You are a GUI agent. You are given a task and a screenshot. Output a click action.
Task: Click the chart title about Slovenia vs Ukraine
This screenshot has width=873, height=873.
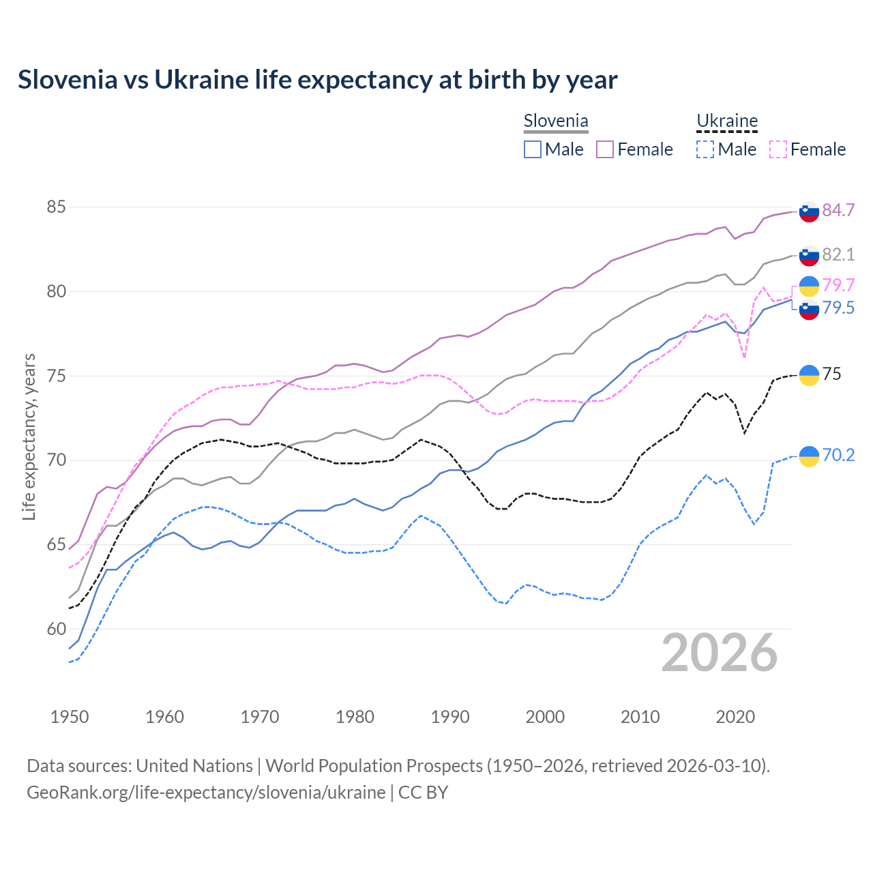coord(317,80)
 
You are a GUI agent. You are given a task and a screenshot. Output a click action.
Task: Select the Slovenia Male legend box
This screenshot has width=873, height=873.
coord(533,149)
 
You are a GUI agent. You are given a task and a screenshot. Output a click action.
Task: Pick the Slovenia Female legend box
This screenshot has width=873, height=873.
coord(605,149)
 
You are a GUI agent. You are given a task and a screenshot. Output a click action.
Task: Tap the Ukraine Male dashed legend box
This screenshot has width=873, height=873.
coord(705,149)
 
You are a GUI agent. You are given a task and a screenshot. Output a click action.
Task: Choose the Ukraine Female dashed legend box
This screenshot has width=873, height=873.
coord(778,149)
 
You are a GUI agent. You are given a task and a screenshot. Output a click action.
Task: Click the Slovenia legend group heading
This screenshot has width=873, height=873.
coord(556,121)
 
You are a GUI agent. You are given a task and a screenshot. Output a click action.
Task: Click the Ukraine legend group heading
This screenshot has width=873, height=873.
coord(727,121)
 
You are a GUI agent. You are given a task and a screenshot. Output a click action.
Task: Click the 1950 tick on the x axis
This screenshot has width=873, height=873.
coord(70,717)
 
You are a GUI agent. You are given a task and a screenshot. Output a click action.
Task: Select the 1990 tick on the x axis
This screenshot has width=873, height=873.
coord(450,717)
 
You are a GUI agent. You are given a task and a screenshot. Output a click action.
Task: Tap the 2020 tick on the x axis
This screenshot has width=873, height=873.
coord(735,717)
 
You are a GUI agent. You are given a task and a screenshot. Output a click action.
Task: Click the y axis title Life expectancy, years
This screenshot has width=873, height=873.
coord(29,436)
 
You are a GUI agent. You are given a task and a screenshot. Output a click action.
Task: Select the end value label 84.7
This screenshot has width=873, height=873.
coord(838,210)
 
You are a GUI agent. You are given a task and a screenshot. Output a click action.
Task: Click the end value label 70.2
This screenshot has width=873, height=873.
coord(838,455)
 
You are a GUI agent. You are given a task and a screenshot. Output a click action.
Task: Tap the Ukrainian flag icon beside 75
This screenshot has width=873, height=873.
coord(809,375)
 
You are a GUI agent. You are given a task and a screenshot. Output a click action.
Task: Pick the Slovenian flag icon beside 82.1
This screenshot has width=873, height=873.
coord(809,255)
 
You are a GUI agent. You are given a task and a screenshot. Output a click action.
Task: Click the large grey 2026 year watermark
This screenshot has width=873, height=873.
coord(720,653)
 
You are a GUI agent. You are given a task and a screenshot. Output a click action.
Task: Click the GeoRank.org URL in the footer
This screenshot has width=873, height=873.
coord(206,793)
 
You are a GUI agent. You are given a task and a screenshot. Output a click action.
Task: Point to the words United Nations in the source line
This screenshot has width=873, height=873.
coord(194,766)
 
